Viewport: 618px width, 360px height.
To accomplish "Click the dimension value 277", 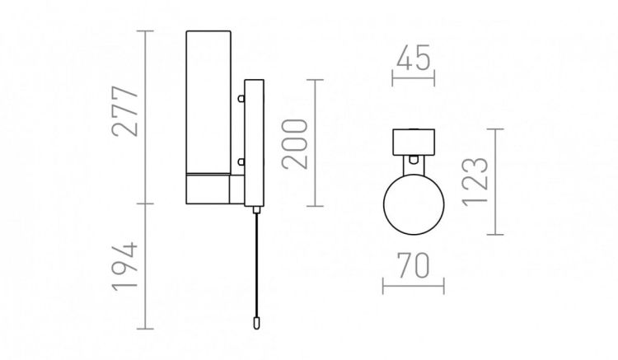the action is tap(126, 111).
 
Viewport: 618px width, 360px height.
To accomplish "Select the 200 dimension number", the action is tap(294, 143).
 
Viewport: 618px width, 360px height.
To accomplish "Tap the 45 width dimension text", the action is tap(413, 58).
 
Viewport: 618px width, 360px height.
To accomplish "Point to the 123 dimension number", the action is tap(475, 181).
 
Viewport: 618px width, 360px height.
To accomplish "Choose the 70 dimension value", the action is tap(413, 265).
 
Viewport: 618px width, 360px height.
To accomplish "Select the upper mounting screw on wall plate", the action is tap(241, 98).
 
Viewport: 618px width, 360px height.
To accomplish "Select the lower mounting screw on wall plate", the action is tap(241, 161).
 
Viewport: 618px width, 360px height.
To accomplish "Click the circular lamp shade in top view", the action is tap(414, 203).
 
